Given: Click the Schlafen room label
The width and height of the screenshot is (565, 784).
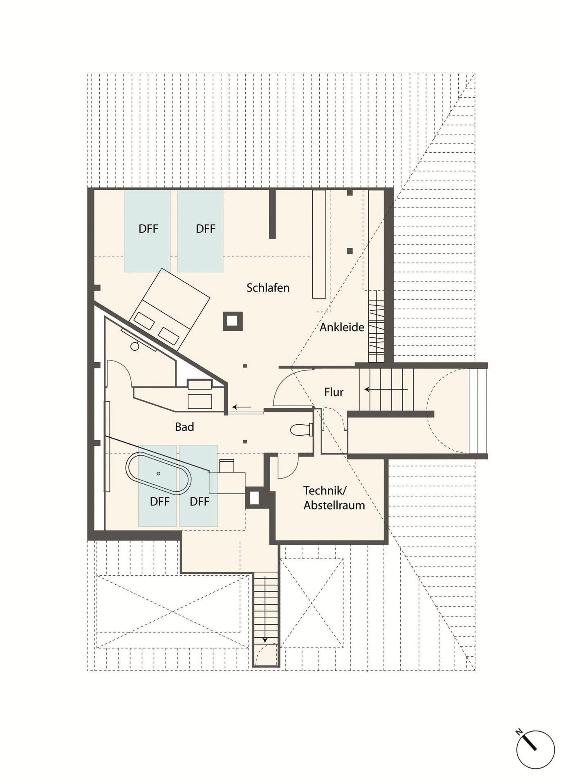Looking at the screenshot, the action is pyautogui.click(x=268, y=288).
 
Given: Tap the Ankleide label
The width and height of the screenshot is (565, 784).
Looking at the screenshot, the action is pyautogui.click(x=342, y=327).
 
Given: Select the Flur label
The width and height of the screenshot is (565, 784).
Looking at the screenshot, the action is pyautogui.click(x=334, y=392).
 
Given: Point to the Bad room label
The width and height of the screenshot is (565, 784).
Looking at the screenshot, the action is pyautogui.click(x=184, y=427).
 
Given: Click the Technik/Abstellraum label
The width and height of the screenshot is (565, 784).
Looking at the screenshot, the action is pyautogui.click(x=334, y=498).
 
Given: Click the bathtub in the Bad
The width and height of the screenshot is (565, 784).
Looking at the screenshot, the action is pyautogui.click(x=158, y=473).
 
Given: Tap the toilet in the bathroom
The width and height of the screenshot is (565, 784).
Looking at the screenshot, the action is pyautogui.click(x=302, y=430).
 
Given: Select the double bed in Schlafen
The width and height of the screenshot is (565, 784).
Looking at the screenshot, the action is pyautogui.click(x=169, y=309).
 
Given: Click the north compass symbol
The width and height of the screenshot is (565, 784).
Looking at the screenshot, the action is pyautogui.click(x=535, y=749).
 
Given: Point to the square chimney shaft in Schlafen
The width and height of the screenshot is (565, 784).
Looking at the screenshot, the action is pyautogui.click(x=233, y=321).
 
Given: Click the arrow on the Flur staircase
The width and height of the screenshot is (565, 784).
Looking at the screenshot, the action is pyautogui.click(x=386, y=390).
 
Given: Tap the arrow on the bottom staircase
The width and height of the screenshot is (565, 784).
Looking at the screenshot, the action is pyautogui.click(x=265, y=609).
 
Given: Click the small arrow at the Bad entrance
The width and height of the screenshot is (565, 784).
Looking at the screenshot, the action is pyautogui.click(x=242, y=407).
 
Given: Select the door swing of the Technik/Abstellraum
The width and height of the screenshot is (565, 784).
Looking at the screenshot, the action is pyautogui.click(x=289, y=466).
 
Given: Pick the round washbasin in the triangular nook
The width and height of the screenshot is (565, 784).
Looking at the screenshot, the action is pyautogui.click(x=135, y=346).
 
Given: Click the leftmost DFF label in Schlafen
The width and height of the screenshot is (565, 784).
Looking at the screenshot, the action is pyautogui.click(x=148, y=229).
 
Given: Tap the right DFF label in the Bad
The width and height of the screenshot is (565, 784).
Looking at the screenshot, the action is pyautogui.click(x=200, y=502).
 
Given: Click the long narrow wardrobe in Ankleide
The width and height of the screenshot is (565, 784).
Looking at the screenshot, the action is pyautogui.click(x=319, y=244).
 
